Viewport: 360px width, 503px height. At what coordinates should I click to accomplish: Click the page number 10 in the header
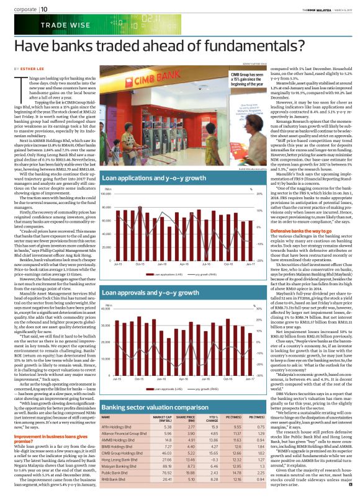(45, 8)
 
